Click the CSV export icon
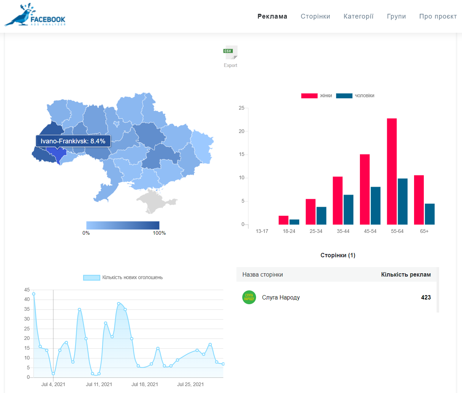pyautogui.click(x=230, y=52)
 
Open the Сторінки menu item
pyautogui.click(x=315, y=16)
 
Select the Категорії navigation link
pyautogui.click(x=358, y=16)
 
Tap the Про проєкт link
pyautogui.click(x=438, y=16)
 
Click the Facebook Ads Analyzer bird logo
pyautogui.click(x=35, y=15)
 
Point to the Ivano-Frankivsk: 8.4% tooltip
pyautogui.click(x=73, y=141)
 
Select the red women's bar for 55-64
pyautogui.click(x=392, y=171)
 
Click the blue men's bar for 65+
pyautogui.click(x=430, y=214)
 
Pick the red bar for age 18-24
pyautogui.click(x=283, y=220)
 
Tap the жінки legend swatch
pyautogui.click(x=309, y=96)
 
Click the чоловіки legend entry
pyautogui.click(x=355, y=96)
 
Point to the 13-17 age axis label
pyautogui.click(x=262, y=231)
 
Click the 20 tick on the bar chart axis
pyautogui.click(x=242, y=131)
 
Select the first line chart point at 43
pyautogui.click(x=33, y=294)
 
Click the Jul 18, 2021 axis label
pyautogui.click(x=145, y=384)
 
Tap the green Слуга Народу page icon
pyautogui.click(x=249, y=297)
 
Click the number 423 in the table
pyautogui.click(x=426, y=297)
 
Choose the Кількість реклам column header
pyautogui.click(x=406, y=274)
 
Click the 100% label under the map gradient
pyautogui.click(x=159, y=233)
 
